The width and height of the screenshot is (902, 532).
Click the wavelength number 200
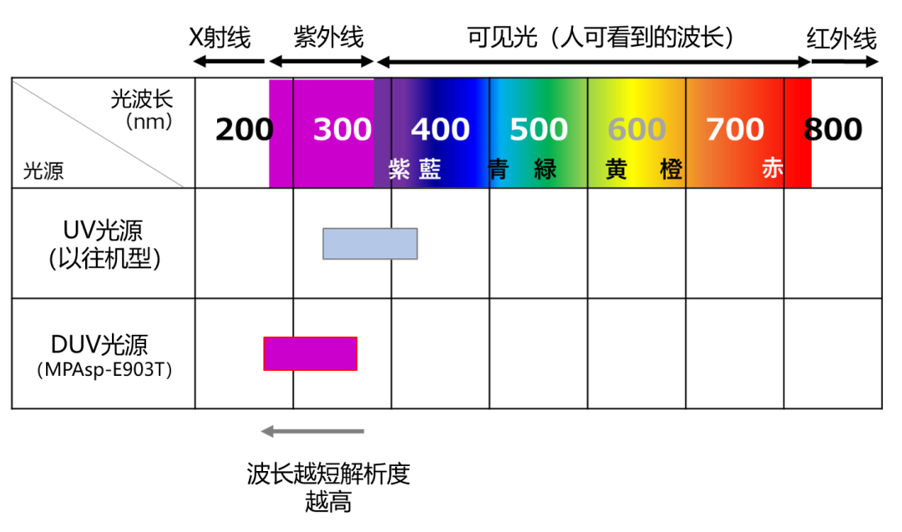point(244,129)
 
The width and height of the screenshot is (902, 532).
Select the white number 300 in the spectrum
point(342,129)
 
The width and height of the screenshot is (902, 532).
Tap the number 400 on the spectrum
point(440,129)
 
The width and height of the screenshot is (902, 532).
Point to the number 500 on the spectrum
point(539,129)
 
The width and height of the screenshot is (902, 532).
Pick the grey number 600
point(636,129)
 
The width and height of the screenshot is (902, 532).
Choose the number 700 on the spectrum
point(735,129)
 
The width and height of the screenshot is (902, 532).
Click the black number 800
point(833,129)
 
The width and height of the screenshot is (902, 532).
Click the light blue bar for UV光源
point(370,244)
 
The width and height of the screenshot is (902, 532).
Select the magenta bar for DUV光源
point(310,354)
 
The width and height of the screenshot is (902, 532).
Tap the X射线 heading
point(220,38)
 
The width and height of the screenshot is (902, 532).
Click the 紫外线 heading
point(328,38)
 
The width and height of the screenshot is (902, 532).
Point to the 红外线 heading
point(842,39)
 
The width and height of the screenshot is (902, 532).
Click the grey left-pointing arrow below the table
point(312,431)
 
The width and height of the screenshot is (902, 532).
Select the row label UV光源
point(103,231)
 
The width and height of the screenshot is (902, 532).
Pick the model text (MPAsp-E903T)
point(104,369)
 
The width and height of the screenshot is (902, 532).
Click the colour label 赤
point(773,169)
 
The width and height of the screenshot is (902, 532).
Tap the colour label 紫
point(399,169)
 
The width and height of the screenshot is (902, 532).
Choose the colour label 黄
point(616,169)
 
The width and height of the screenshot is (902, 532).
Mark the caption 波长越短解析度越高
point(328,488)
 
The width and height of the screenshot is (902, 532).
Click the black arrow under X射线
point(229,61)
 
